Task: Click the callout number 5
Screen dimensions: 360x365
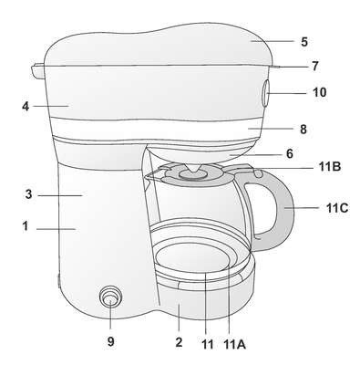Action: point(304,42)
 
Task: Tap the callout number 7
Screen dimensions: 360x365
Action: point(315,66)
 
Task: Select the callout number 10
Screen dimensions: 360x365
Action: point(319,92)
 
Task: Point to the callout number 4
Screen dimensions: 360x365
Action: point(26,106)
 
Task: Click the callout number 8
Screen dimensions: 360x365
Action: point(303,130)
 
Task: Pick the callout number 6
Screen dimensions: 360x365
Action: point(290,154)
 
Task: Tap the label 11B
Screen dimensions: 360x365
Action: point(330,167)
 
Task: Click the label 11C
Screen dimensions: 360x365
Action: point(337,208)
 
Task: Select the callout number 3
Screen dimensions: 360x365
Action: point(28,194)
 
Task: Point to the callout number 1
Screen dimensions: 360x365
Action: point(26,226)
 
